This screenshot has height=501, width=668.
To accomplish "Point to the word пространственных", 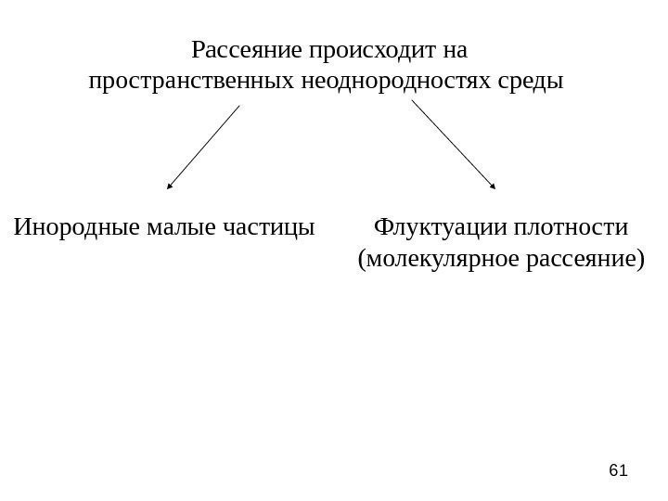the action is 192,81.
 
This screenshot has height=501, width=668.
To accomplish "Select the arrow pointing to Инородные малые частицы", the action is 203,147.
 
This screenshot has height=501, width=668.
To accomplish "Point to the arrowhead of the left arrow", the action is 170,186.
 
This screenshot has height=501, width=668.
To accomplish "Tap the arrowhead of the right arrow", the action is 493,186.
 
